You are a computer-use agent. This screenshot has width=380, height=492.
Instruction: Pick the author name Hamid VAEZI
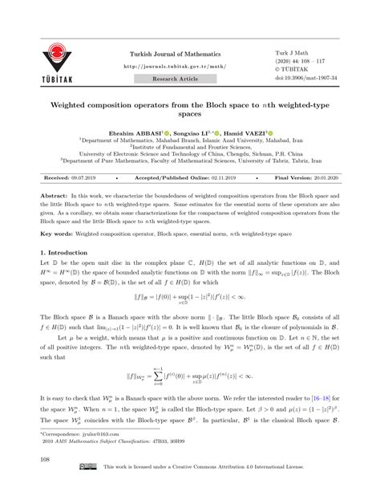[249, 129]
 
